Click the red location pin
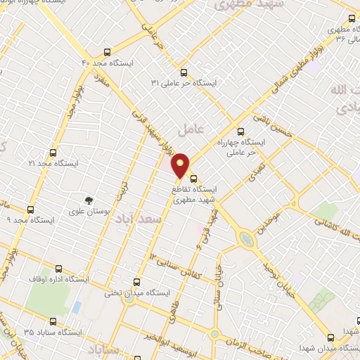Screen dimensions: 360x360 pyautogui.click(x=181, y=165)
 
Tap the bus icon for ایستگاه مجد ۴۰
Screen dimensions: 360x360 pyautogui.click(x=107, y=52)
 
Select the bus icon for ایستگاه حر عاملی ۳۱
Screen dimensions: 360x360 pyautogui.click(x=184, y=72)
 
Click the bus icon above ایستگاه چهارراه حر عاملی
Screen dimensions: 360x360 pyautogui.click(x=240, y=131)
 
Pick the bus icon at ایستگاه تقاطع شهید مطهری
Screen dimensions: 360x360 pyautogui.click(x=193, y=179)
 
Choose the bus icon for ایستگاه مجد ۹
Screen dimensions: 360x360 pyautogui.click(x=30, y=209)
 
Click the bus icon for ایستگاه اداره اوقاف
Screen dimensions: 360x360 pyautogui.click(x=58, y=267)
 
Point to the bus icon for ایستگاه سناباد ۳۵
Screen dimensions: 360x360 pyautogui.click(x=59, y=330)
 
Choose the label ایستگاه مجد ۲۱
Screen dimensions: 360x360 pyautogui.click(x=51, y=163)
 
